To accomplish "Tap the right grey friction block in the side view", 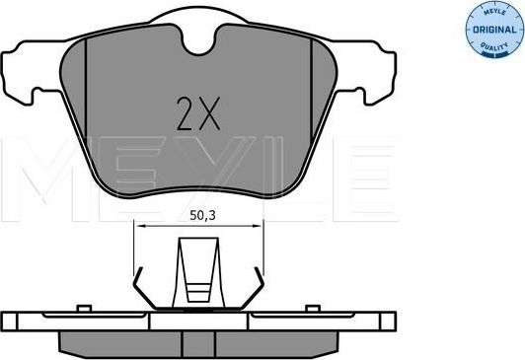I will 286,341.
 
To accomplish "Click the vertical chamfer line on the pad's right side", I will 327,99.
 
